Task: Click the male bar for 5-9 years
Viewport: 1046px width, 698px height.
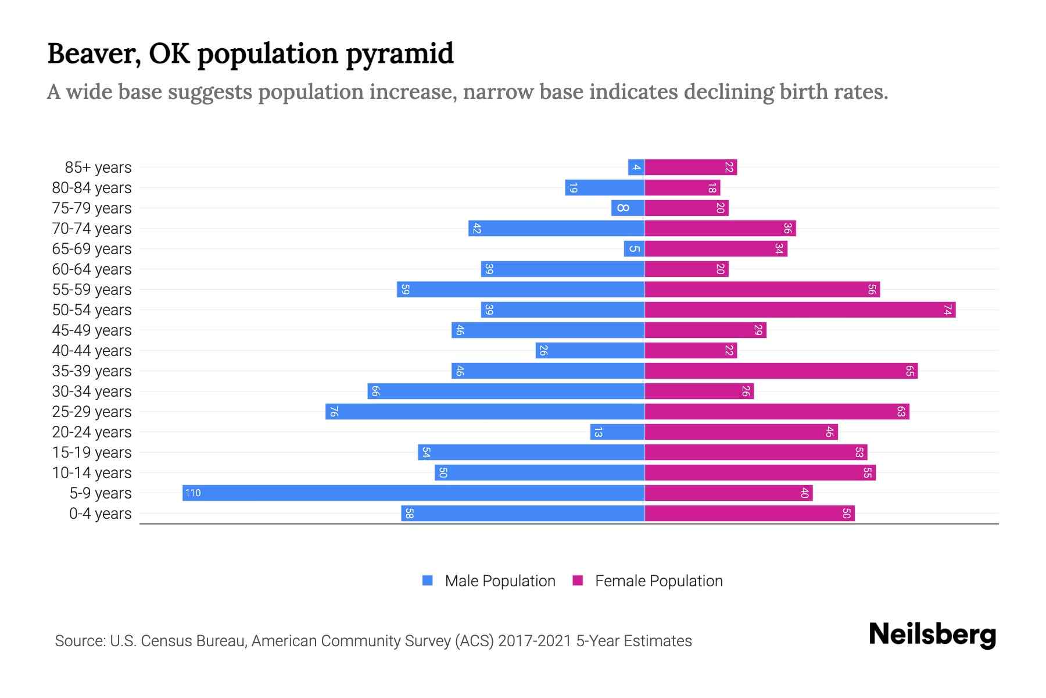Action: [413, 493]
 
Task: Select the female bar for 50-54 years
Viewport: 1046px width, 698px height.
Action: [800, 309]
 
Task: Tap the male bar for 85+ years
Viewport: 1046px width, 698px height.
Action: [636, 167]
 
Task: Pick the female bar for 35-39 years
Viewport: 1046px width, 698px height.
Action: [780, 371]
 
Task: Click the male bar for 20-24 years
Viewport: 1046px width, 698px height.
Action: [617, 432]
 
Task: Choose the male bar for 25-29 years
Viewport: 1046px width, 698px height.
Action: [485, 411]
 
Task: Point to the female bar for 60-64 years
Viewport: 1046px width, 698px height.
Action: [686, 269]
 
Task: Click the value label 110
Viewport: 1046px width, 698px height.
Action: [192, 493]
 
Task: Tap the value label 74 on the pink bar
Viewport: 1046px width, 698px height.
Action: [947, 310]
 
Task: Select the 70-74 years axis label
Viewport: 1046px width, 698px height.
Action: [92, 229]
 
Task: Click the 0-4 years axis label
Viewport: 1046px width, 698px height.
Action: [100, 514]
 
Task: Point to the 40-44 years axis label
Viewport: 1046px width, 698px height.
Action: [92, 351]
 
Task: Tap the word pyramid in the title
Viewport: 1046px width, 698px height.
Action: [400, 54]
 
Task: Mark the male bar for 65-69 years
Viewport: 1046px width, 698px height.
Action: [634, 248]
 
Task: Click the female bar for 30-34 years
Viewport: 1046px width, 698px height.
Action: [699, 391]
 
